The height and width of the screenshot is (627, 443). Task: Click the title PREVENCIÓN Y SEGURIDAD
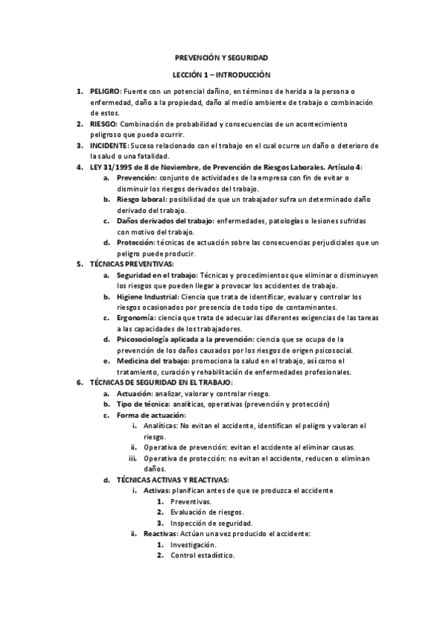(221, 57)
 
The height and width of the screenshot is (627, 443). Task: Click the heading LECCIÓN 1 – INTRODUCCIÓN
(221, 75)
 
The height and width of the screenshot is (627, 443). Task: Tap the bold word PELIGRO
(104, 90)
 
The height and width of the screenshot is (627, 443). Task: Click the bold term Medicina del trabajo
(152, 361)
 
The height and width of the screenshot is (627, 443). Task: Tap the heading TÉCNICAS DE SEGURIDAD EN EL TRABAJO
(160, 383)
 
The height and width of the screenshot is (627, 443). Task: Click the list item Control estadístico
(202, 555)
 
